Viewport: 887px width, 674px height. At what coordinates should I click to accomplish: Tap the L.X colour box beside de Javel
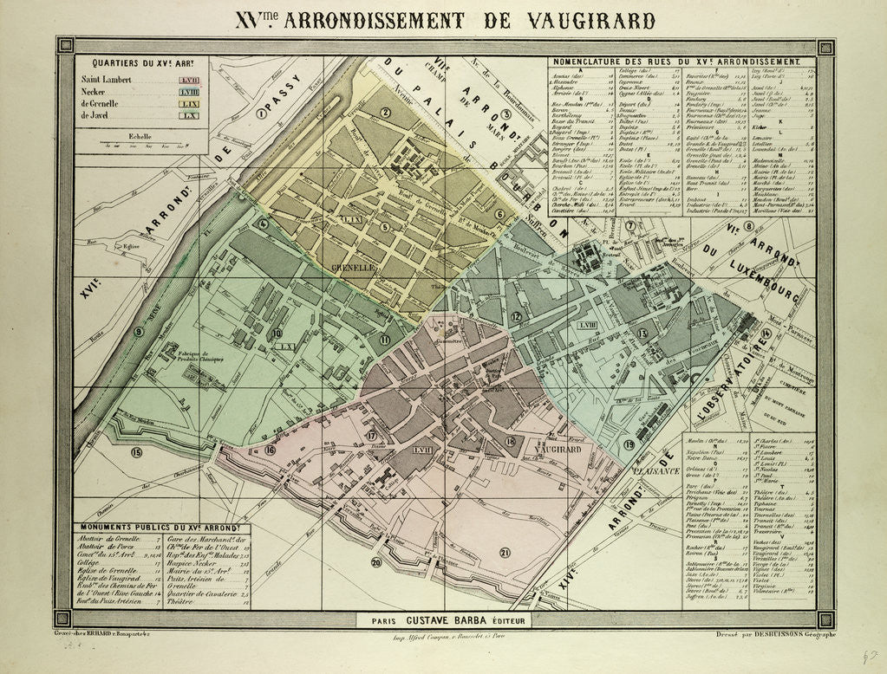pos(191,114)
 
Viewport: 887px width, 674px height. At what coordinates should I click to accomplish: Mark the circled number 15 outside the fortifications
pos(136,452)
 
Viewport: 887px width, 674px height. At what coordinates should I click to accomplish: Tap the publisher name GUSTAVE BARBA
pos(452,620)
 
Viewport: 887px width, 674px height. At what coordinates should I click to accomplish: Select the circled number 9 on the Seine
pos(139,330)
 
